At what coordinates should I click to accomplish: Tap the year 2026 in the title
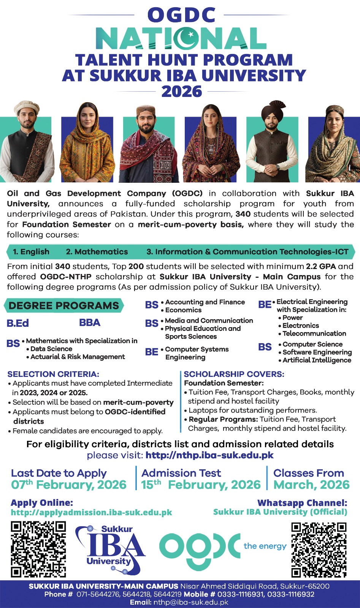[x=181, y=92]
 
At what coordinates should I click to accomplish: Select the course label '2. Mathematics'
[x=97, y=252]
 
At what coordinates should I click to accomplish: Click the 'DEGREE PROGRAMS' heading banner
[x=63, y=306]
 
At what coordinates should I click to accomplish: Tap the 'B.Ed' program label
[x=17, y=323]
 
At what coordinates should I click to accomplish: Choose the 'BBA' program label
[x=90, y=323]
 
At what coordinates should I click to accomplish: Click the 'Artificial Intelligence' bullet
[x=317, y=360]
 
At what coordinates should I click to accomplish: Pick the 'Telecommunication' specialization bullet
[x=314, y=334]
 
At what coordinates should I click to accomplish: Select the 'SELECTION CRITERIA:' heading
[x=53, y=374]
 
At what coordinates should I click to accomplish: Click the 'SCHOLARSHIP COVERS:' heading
[x=234, y=374]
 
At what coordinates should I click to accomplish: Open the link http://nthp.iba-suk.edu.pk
[x=209, y=455]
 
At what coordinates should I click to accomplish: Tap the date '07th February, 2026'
[x=68, y=485]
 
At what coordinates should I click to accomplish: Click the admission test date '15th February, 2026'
[x=201, y=485]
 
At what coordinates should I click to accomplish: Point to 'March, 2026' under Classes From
[x=311, y=485]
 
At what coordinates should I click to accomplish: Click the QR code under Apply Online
[x=38, y=549]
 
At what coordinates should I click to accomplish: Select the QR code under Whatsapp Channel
[x=319, y=550]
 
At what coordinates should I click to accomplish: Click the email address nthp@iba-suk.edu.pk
[x=190, y=602]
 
